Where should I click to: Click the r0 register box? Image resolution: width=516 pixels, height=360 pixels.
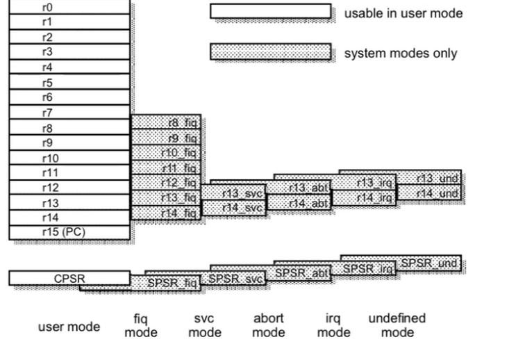69,7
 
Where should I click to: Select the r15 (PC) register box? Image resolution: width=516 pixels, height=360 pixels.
69,232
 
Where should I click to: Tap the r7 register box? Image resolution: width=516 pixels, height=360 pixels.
69,113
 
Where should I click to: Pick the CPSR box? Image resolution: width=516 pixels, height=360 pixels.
69,278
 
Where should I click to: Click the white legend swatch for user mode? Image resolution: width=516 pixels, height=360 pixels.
270,12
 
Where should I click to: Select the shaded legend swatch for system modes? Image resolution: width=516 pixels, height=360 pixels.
270,53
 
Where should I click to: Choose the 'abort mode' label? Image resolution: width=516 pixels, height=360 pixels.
269,325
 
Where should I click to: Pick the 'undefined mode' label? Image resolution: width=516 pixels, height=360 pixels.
397,325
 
